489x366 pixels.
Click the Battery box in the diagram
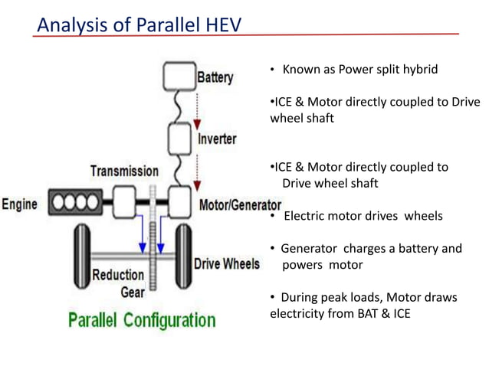179,77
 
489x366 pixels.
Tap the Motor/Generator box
179,204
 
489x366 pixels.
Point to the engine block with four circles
75,204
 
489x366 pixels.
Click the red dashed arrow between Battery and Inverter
198,107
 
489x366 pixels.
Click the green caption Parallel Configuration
142,319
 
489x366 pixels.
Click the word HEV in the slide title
221,26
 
